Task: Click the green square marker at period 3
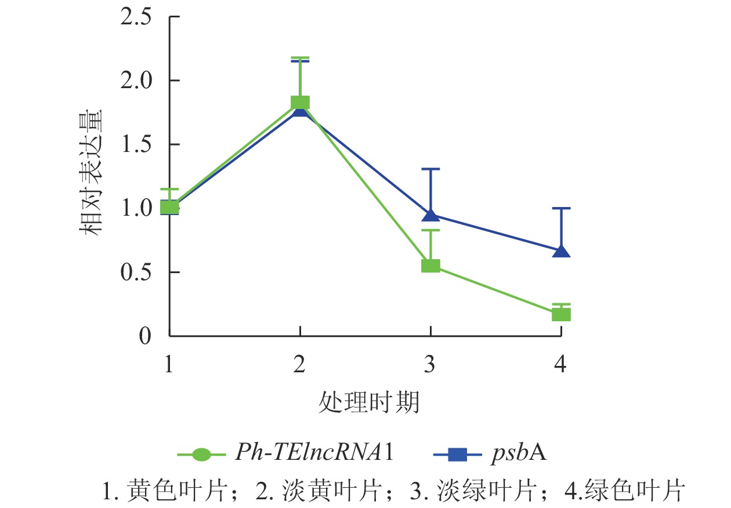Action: point(430,266)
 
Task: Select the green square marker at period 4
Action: point(561,314)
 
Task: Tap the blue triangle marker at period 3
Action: point(430,215)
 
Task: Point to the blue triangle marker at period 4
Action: point(561,251)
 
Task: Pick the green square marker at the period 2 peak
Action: point(300,103)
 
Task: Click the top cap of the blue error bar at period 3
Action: point(430,169)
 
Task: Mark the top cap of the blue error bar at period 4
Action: point(561,208)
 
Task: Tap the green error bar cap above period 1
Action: point(169,189)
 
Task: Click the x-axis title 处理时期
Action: point(369,402)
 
